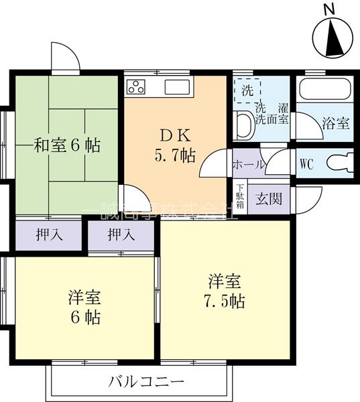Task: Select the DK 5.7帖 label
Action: tap(175, 145)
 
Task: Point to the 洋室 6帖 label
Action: tap(84, 306)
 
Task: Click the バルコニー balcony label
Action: tap(146, 383)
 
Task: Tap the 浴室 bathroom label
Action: tap(335, 123)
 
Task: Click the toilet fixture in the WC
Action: tap(339, 163)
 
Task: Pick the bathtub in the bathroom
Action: tap(324, 90)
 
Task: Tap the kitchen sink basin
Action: tap(178, 87)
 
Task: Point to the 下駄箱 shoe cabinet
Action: tap(239, 199)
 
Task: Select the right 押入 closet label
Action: tap(121, 234)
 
